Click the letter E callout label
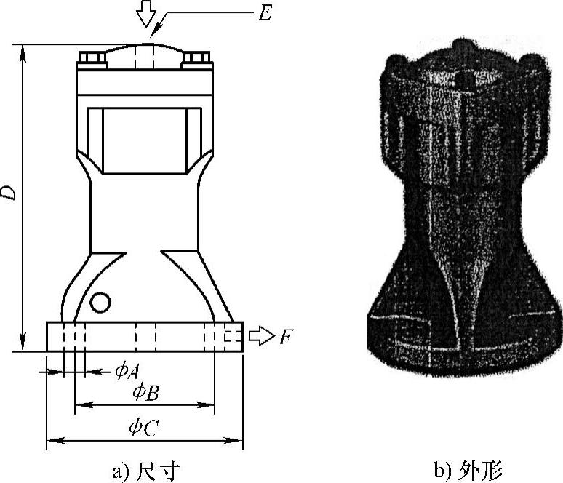point(263,14)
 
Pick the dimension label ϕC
point(143,428)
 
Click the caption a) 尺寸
point(145,471)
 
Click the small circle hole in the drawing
point(101,301)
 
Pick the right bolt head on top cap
point(196,57)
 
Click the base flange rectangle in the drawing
point(144,337)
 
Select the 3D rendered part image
point(463,207)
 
